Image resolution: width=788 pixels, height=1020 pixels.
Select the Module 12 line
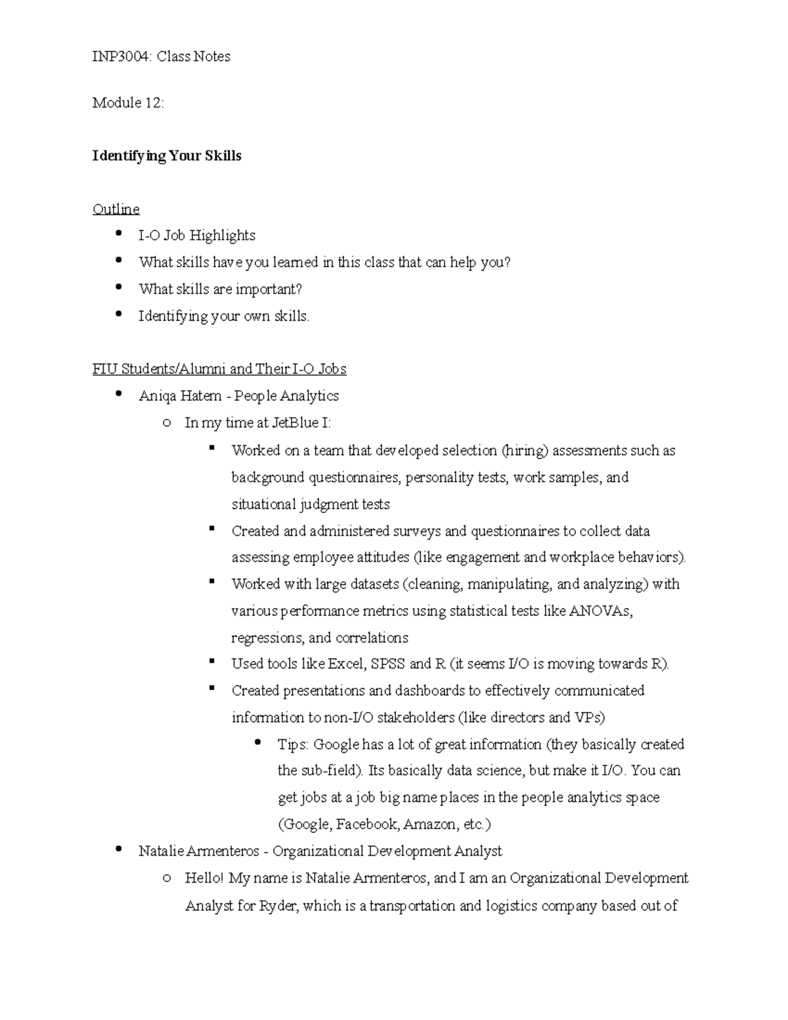(x=128, y=102)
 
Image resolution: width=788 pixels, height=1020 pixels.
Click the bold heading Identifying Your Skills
(x=167, y=156)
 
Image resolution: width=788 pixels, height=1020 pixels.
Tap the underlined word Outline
(x=116, y=209)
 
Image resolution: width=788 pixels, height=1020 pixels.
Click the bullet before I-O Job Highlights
(x=118, y=233)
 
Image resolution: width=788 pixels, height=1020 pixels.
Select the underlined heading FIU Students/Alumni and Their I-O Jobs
(x=219, y=369)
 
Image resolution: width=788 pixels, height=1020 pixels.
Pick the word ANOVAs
(x=600, y=611)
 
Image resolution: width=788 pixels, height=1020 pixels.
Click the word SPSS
(x=387, y=664)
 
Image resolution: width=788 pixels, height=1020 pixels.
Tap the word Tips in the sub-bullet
(x=292, y=745)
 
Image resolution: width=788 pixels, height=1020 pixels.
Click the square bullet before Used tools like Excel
(x=211, y=663)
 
